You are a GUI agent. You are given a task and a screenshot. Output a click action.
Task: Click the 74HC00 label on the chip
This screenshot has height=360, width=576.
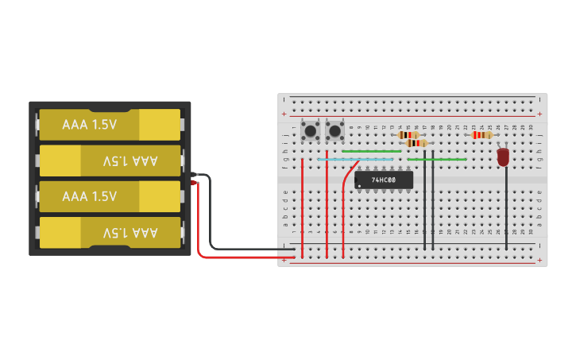click(x=385, y=180)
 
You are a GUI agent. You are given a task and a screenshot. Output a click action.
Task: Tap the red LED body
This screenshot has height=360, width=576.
click(x=503, y=157)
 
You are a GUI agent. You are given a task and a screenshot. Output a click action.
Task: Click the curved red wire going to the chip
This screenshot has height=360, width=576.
click(x=345, y=191)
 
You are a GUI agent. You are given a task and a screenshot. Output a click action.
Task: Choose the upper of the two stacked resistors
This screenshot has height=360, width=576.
click(x=408, y=135)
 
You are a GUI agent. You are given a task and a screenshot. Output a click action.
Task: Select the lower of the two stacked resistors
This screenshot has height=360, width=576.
click(x=416, y=143)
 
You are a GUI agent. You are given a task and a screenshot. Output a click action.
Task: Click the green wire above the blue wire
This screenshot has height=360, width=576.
click(x=371, y=151)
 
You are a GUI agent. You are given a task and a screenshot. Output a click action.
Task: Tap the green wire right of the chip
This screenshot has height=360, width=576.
click(x=437, y=159)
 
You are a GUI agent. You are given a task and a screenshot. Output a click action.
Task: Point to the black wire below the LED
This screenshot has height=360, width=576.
click(x=506, y=211)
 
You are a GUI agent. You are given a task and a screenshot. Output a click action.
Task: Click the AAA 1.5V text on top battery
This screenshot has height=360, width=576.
click(x=90, y=124)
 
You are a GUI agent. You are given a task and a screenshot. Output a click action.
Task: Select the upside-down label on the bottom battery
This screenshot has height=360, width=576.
click(x=130, y=232)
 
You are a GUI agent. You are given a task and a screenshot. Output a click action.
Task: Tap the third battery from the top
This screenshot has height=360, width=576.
click(x=110, y=196)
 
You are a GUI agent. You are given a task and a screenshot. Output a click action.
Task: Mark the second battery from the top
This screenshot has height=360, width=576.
click(x=110, y=161)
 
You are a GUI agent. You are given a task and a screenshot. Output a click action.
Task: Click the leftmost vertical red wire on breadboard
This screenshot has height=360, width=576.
click(x=302, y=207)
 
